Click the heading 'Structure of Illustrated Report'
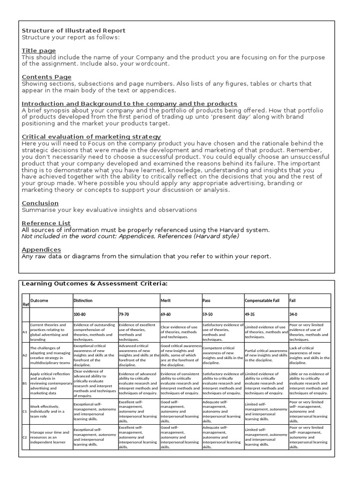pos(74,31)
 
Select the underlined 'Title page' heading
pos(38,51)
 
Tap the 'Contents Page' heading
pos(46,77)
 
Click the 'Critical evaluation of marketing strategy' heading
pos(91,136)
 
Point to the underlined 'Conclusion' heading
pos(40,203)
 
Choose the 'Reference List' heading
pos(46,223)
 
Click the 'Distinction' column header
pos(83,300)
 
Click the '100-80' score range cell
pos(80,314)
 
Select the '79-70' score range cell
pos(124,314)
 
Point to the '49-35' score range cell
pos(250,314)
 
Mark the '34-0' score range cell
pos(294,314)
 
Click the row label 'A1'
pos(25,331)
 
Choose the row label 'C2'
pos(25,437)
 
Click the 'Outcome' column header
pos(39,300)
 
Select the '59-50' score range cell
pos(208,314)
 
